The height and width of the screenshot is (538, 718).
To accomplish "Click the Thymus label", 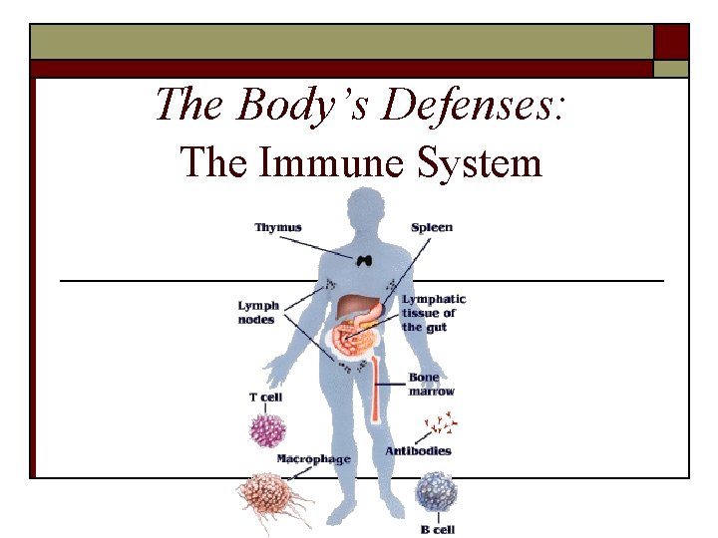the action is coord(278,228).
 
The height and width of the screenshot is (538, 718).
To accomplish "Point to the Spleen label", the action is coord(432,227).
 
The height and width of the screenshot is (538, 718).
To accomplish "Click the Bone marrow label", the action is coord(431,385).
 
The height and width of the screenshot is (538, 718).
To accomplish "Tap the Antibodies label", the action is coord(418,450).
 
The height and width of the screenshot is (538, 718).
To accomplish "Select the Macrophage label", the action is coord(313,458).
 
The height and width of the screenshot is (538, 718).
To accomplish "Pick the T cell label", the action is coord(265,398).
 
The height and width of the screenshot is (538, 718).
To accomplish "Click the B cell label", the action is coord(438,530).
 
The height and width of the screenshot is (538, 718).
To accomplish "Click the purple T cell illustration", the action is coord(266,429).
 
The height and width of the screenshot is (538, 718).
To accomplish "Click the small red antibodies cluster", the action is coord(440,426).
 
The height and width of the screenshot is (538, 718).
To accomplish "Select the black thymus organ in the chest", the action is coord(365,259).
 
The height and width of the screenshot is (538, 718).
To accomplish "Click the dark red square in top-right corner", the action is coord(671,42).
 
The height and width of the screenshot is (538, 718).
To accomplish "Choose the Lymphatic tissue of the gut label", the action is coord(434,313).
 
